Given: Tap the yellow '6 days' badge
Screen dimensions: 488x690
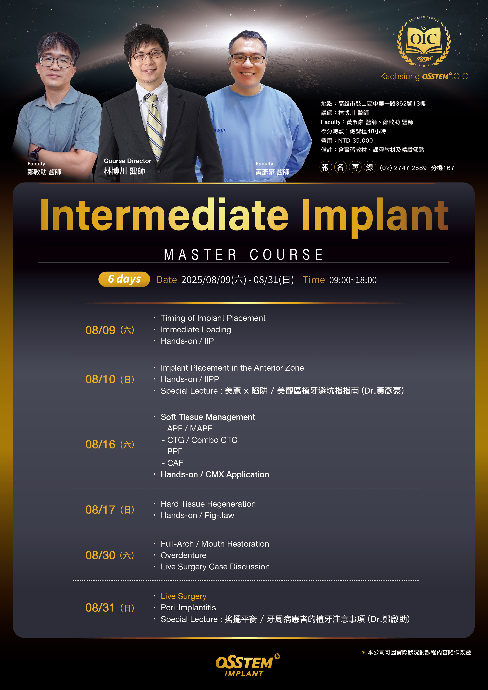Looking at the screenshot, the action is tap(124, 279).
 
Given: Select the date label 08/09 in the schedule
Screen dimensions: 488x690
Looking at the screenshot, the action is tap(100, 330).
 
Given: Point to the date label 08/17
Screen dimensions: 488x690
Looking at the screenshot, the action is tap(100, 510).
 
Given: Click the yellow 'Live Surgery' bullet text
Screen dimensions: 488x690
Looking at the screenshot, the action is tap(183, 596).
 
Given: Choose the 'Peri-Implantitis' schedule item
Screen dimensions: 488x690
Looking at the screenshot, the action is tap(188, 608).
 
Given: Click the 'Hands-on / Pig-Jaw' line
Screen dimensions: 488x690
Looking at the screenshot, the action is tap(197, 515).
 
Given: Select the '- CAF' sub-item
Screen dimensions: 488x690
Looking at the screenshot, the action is tap(172, 463).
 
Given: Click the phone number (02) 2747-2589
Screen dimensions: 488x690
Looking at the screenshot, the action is tap(403, 168).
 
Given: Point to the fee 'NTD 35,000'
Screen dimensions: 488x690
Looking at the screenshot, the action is tap(355, 141).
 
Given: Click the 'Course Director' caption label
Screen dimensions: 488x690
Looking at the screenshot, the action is tap(128, 161).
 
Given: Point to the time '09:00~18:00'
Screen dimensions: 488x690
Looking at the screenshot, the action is tap(353, 280).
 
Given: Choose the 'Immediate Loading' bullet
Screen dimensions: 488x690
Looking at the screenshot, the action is tap(196, 330).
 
